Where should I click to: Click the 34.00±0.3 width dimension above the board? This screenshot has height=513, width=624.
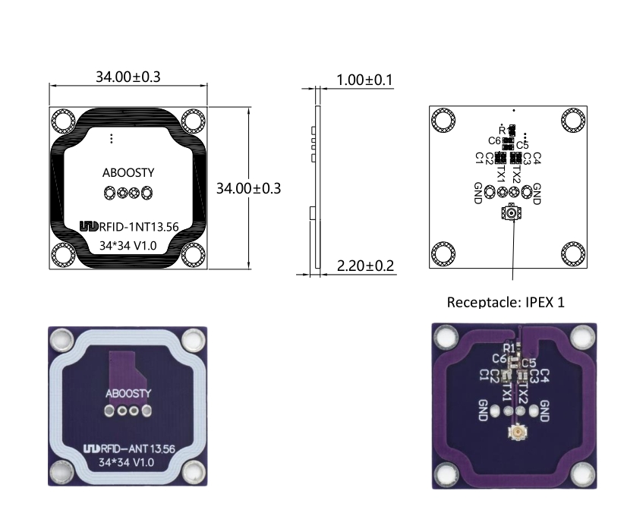click(x=128, y=77)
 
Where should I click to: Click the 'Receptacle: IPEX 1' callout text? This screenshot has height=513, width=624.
click(x=506, y=302)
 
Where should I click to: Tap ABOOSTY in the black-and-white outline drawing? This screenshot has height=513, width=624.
click(x=128, y=172)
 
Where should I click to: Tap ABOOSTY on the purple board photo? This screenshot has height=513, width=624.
click(x=128, y=393)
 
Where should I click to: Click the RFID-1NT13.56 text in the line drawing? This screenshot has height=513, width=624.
click(x=137, y=227)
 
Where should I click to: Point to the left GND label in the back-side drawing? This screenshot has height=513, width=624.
click(x=477, y=193)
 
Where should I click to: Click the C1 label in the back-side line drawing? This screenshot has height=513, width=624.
click(x=479, y=158)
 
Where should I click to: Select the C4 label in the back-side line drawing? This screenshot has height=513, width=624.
click(x=537, y=158)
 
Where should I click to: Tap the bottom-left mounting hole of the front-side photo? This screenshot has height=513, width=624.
click(x=62, y=474)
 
